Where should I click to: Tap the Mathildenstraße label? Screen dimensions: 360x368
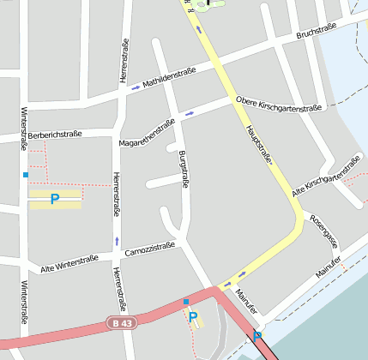point(170,78)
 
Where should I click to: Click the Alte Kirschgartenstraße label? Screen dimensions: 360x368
point(327,177)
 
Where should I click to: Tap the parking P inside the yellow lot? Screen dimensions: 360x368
point(55,199)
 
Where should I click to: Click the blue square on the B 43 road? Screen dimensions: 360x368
point(186,302)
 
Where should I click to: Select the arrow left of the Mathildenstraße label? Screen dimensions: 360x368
point(136,88)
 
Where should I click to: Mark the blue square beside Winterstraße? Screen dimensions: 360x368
point(26,175)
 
